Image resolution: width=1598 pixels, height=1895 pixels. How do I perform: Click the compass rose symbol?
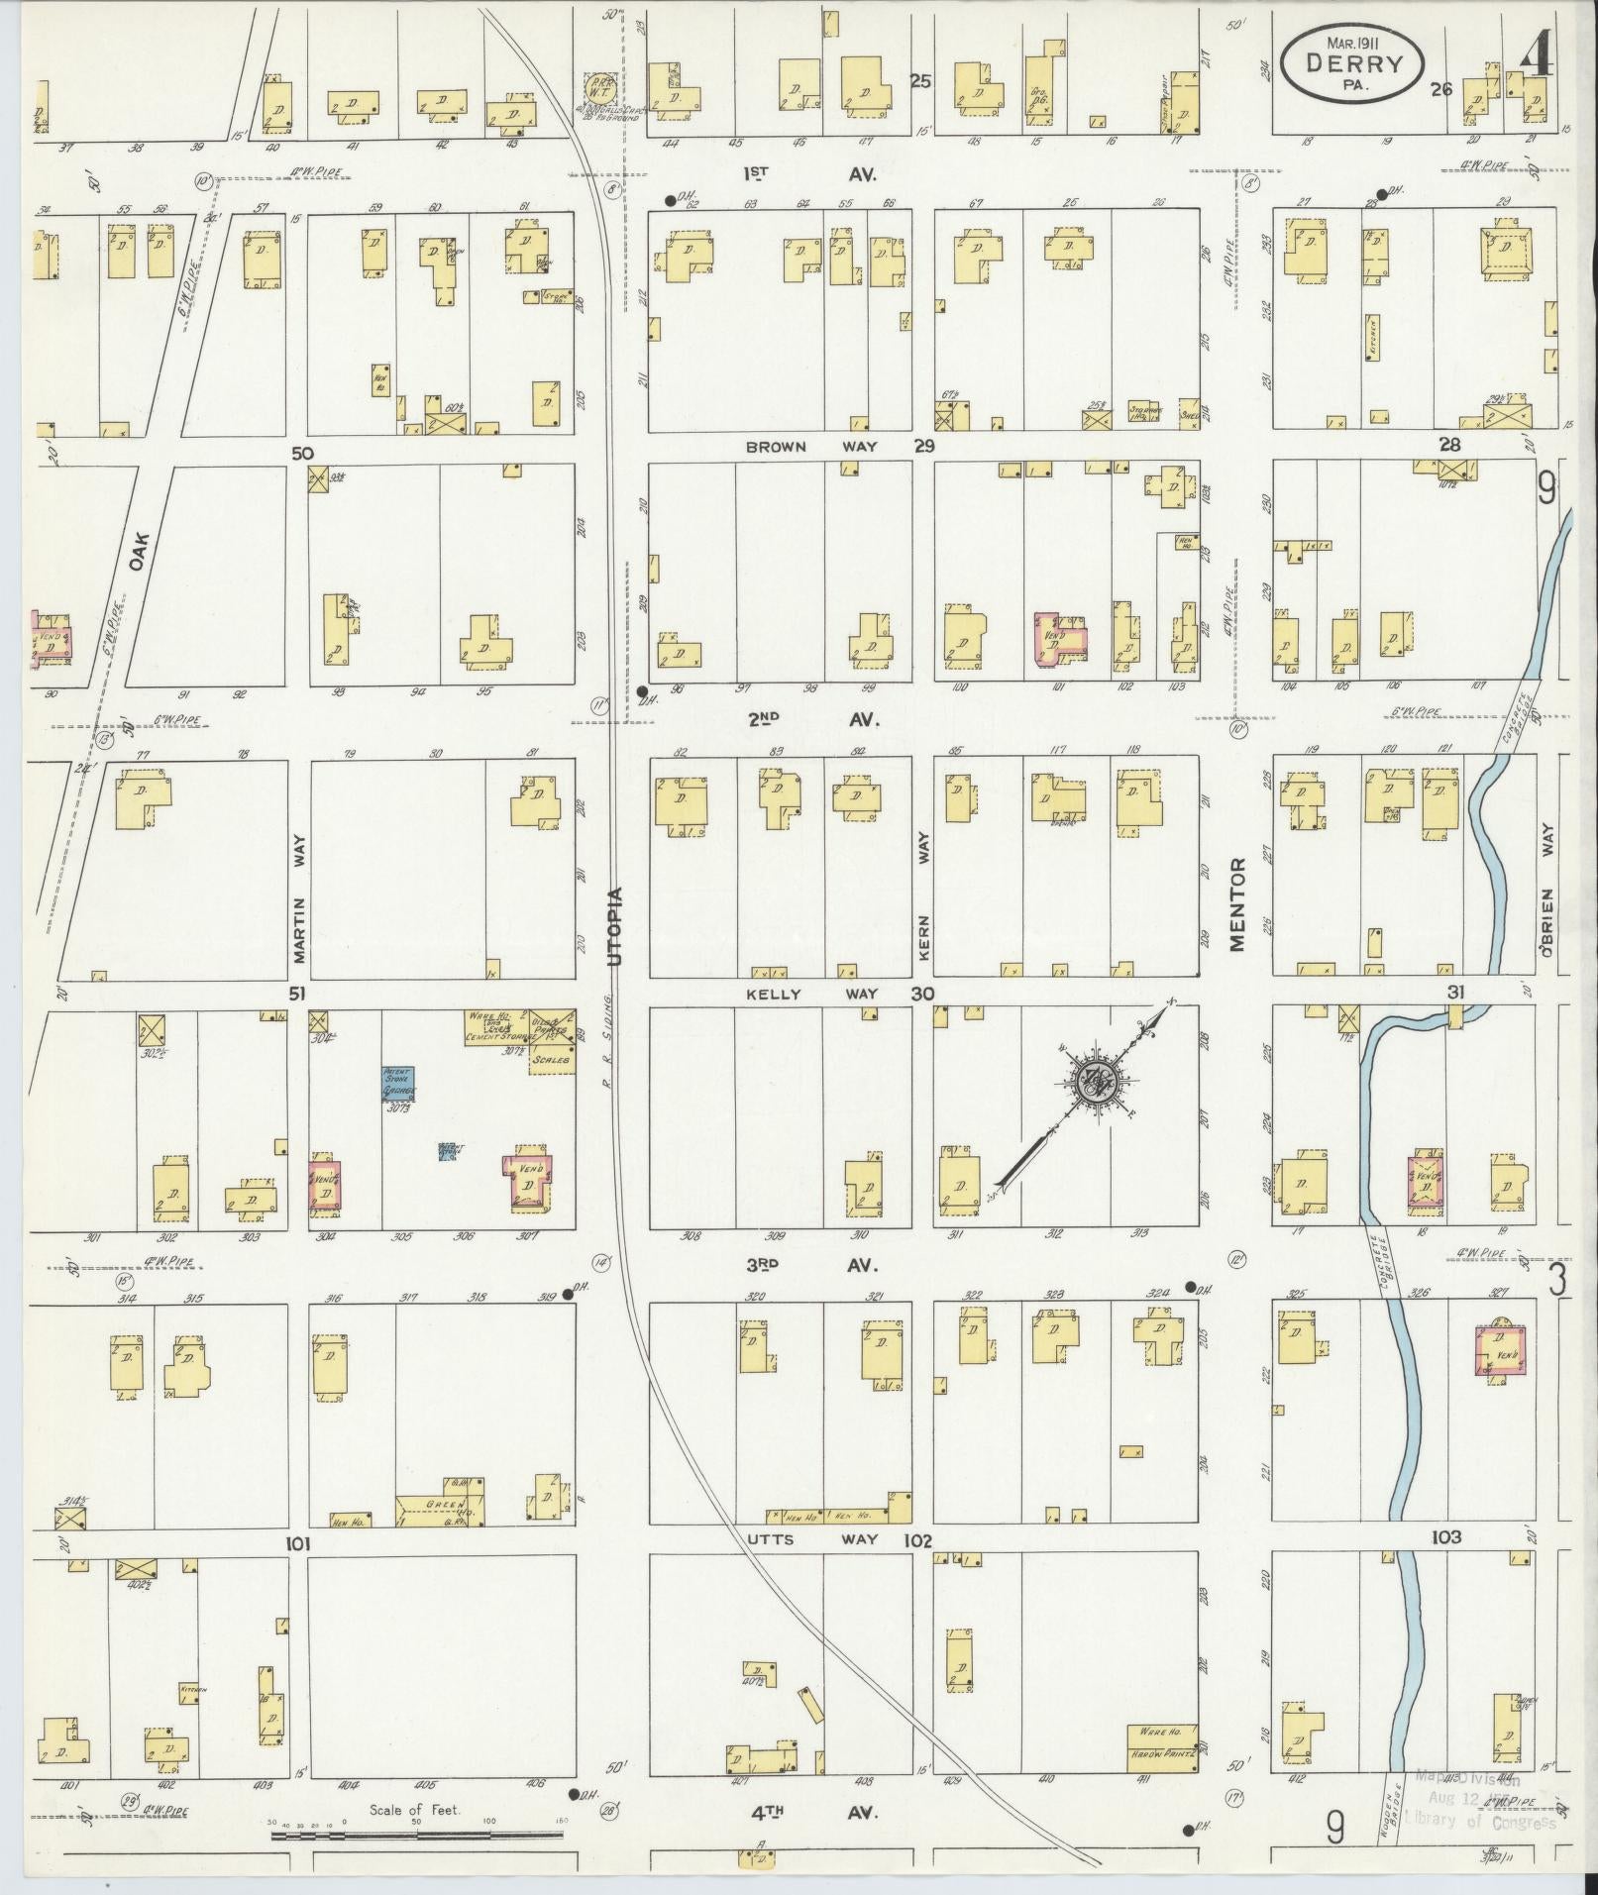(1098, 1083)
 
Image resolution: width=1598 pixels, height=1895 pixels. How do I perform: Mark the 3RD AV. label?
(812, 1265)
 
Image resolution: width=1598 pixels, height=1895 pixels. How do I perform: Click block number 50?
(302, 453)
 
